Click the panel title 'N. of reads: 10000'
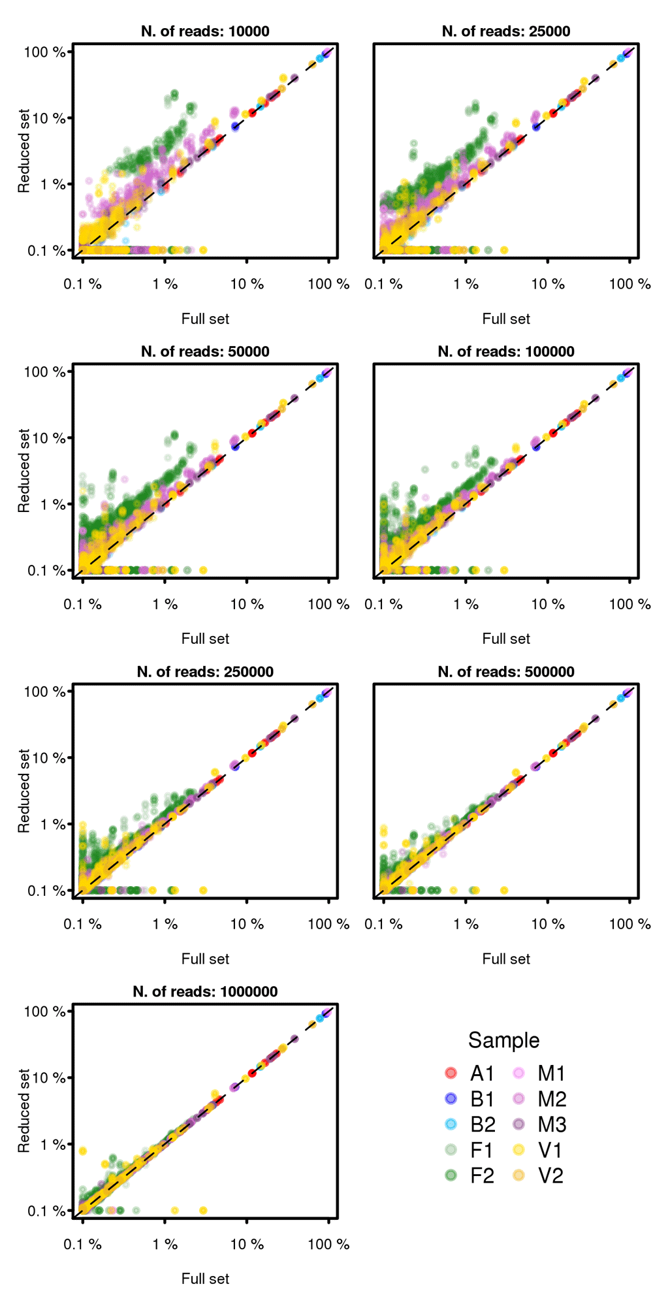pos(205,31)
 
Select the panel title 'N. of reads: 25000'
pos(506,31)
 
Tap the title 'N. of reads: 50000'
pos(205,351)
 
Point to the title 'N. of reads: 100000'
pos(506,351)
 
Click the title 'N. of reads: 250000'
pos(205,671)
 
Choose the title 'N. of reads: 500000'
pos(506,671)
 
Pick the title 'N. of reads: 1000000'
pos(205,991)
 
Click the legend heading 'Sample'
pos(503,1040)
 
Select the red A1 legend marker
pos(451,1073)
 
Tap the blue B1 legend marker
pos(451,1099)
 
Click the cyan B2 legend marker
pos(451,1124)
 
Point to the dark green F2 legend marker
pos(451,1175)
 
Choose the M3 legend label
pos(552,1124)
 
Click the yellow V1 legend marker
pos(519,1150)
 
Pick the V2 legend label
pos(550,1175)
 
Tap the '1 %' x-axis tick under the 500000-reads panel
pos(466,924)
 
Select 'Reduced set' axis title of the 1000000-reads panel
pos(24,1111)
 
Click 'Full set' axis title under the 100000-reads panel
pos(506,639)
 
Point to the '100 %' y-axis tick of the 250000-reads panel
pos(44,692)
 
